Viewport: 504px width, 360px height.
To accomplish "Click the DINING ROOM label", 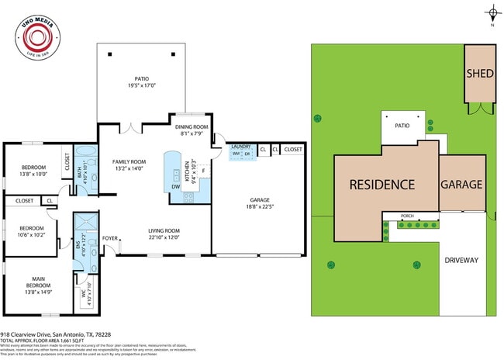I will tap(191, 126).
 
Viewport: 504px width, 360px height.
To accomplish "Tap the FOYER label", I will tap(110, 239).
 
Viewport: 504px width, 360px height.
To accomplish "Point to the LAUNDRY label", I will tap(240, 146).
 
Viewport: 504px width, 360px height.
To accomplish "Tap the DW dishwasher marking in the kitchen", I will tap(175, 187).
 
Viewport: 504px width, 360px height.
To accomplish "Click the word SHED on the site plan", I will tap(479, 74).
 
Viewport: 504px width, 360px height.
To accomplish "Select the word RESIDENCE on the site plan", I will tap(381, 185).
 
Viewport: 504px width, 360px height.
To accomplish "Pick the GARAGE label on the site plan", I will tap(461, 185).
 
